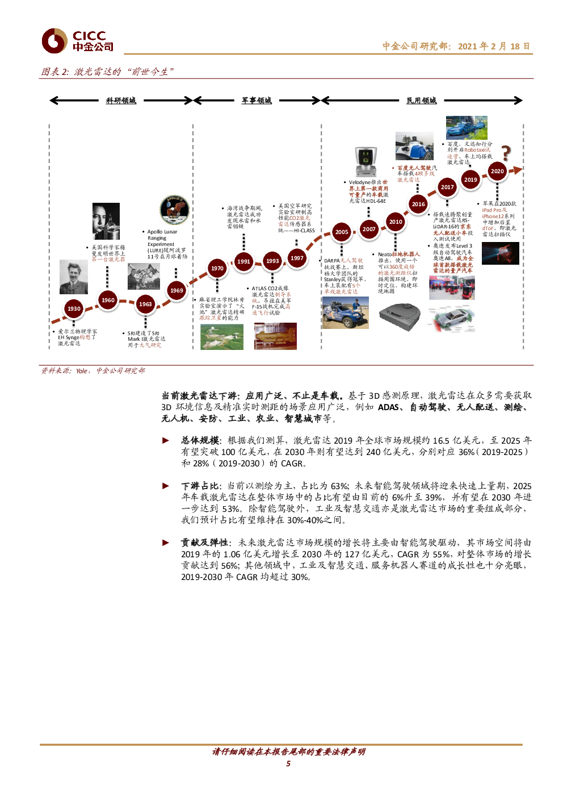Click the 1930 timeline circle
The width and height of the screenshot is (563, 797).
pyautogui.click(x=74, y=309)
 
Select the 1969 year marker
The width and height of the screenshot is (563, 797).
pyautogui.click(x=177, y=291)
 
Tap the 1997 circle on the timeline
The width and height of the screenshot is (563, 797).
pyautogui.click(x=297, y=258)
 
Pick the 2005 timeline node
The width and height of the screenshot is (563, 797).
pyautogui.click(x=342, y=232)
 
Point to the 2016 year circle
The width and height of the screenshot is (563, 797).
pyautogui.click(x=418, y=205)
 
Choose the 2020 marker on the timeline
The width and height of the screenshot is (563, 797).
pyautogui.click(x=497, y=171)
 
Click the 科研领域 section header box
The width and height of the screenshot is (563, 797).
pyautogui.click(x=121, y=101)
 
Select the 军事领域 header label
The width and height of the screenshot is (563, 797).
pyautogui.click(x=257, y=101)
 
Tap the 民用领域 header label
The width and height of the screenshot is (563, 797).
pyautogui.click(x=422, y=101)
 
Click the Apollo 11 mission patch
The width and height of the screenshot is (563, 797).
pyautogui.click(x=174, y=210)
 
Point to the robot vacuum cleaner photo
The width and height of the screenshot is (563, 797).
pyautogui.click(x=400, y=315)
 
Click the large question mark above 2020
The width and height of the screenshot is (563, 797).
pyautogui.click(x=506, y=152)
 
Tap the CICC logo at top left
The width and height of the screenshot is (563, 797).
pyautogui.click(x=77, y=41)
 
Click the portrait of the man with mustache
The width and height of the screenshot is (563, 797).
pyautogui.click(x=74, y=277)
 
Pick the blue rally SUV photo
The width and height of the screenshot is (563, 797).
pyautogui.click(x=344, y=313)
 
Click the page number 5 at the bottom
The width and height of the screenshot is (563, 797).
pyautogui.click(x=288, y=763)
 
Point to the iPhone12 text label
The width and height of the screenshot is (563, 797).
pyautogui.click(x=493, y=216)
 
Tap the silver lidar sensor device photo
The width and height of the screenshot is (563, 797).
pyautogui.click(x=368, y=162)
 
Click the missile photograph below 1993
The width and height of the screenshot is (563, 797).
pyautogui.click(x=275, y=336)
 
